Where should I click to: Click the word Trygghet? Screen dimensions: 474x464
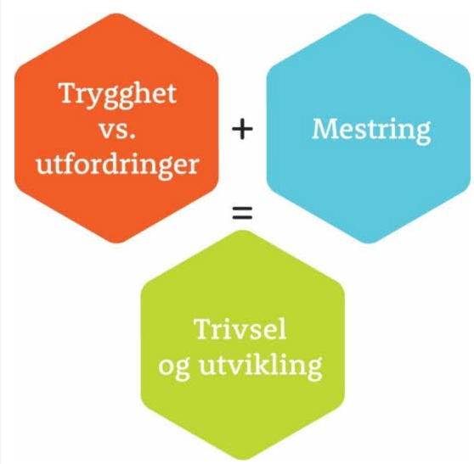click(x=119, y=95)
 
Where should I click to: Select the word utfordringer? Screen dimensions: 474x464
click(x=117, y=165)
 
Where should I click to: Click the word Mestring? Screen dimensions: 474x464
click(x=371, y=131)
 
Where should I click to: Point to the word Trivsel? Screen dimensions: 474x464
click(x=240, y=330)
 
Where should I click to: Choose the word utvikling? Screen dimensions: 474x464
click(x=260, y=366)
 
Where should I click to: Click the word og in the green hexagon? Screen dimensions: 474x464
click(x=174, y=370)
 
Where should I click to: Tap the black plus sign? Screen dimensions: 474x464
click(x=242, y=129)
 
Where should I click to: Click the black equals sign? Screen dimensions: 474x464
click(x=242, y=213)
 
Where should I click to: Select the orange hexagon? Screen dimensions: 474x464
click(x=116, y=128)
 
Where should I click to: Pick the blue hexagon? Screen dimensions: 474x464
click(x=369, y=128)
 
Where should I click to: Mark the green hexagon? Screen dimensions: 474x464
click(x=243, y=345)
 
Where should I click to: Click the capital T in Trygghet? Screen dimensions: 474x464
click(x=69, y=92)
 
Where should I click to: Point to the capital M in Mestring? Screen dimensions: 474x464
click(x=326, y=129)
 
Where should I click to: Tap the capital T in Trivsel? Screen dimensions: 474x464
click(x=204, y=329)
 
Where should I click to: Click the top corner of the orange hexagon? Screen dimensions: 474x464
click(x=116, y=13)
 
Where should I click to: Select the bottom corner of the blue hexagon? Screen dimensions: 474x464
click(x=369, y=243)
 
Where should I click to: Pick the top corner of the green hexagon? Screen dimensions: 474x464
click(x=243, y=231)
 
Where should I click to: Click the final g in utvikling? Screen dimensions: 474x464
click(x=313, y=371)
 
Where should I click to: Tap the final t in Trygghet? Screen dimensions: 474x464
click(x=172, y=94)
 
